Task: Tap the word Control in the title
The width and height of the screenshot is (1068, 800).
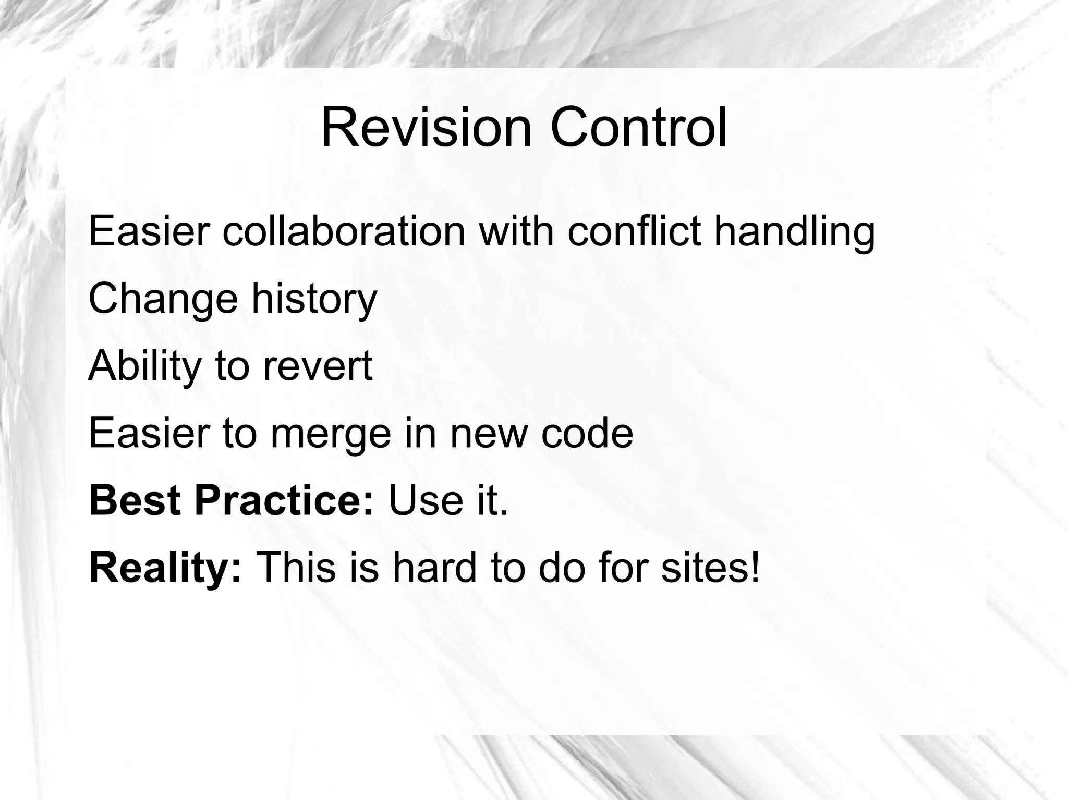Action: coord(638,128)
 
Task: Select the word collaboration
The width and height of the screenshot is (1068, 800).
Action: coord(344,231)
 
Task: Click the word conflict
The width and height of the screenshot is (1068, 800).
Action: coord(634,231)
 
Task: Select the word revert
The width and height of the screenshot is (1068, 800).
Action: coord(318,366)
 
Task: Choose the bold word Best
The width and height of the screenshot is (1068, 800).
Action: coord(135,501)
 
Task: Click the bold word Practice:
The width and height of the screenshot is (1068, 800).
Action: coord(284,501)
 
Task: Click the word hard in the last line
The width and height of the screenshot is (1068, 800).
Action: coord(434,568)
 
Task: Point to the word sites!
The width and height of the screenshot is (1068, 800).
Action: coord(710,568)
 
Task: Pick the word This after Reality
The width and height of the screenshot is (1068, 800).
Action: coord(296,568)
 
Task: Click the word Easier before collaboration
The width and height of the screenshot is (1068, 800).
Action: coord(149,231)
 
